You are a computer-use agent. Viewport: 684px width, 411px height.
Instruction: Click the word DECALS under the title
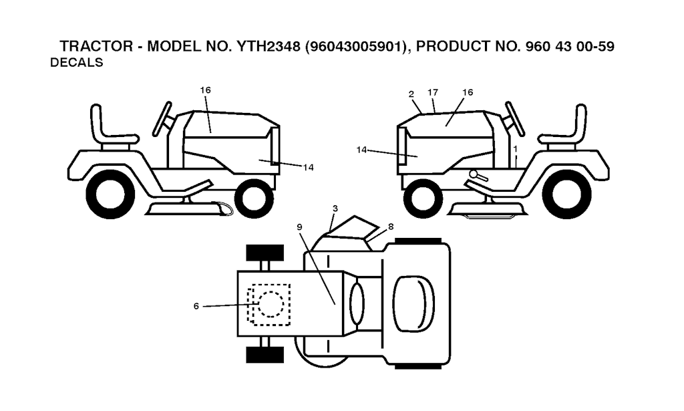point(77,63)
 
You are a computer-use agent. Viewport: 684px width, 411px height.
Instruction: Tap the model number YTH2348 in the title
point(268,46)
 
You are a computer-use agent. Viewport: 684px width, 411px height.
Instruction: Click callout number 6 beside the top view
point(196,306)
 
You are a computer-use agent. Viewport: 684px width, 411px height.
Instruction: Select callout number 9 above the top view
point(299,227)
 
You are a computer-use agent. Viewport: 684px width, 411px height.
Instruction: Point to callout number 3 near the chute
point(335,209)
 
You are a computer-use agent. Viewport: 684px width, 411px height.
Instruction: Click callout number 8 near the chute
point(390,227)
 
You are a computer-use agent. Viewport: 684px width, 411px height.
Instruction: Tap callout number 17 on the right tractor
point(433,92)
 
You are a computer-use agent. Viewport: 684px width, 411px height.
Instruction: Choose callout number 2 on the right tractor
point(411,94)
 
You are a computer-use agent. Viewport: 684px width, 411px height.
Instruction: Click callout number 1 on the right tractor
point(515,149)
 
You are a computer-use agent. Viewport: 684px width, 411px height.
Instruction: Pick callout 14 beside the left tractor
point(309,167)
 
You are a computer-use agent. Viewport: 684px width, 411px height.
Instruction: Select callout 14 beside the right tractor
point(361,150)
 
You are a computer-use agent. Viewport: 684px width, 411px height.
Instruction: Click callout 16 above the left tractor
point(206,90)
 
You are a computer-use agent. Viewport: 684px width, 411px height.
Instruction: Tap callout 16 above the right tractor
point(467,92)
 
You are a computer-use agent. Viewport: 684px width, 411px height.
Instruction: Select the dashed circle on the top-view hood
point(271,303)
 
